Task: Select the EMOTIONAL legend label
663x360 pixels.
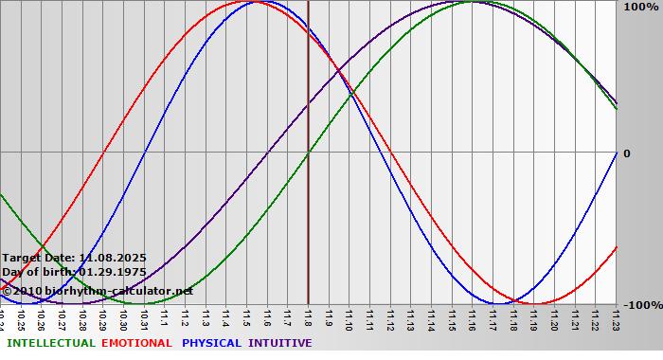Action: point(136,343)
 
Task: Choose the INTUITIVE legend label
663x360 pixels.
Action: point(280,343)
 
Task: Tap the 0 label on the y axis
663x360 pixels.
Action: point(626,153)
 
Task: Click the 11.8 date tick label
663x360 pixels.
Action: point(308,317)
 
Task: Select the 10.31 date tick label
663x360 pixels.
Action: point(144,317)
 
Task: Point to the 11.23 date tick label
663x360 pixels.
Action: point(617,317)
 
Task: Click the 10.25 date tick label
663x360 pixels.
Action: point(20,317)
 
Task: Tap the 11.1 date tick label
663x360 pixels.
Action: point(164,317)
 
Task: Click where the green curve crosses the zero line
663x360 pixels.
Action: point(308,152)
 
